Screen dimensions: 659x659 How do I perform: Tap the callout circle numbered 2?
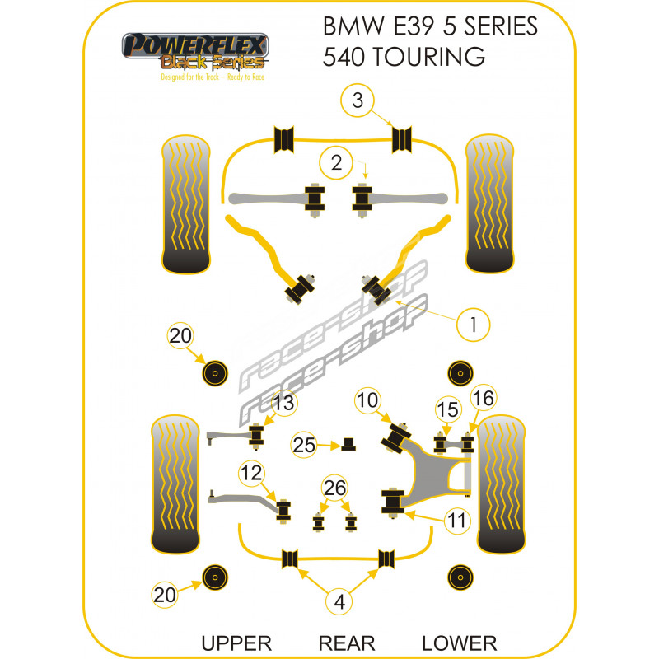point(336,163)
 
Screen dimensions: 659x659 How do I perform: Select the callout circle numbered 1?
point(474,325)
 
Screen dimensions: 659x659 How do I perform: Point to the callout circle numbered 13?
point(283,403)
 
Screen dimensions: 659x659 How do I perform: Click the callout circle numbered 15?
point(447,409)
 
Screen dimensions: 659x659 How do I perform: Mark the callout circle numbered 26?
point(334,488)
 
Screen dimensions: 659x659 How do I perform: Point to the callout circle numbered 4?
point(339,602)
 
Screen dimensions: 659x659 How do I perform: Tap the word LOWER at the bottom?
point(458,643)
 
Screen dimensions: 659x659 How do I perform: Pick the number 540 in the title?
point(346,57)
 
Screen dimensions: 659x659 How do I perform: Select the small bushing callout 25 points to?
point(348,444)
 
